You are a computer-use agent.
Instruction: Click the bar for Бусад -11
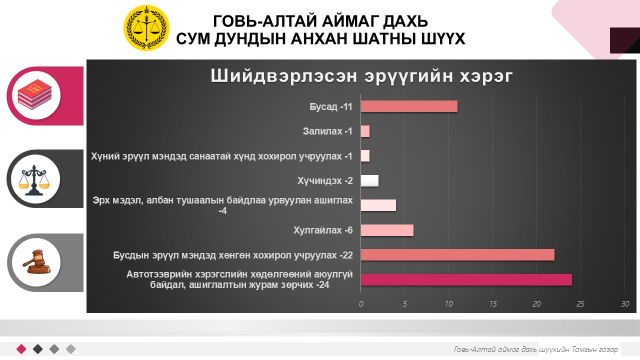[409, 106]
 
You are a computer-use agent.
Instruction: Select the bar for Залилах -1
[365, 131]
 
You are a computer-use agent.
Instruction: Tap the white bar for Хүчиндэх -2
[369, 181]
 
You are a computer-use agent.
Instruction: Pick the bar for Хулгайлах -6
[387, 230]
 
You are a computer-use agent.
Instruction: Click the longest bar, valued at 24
[466, 279]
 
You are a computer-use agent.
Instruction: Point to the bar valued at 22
[457, 255]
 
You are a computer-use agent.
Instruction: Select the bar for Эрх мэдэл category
[378, 205]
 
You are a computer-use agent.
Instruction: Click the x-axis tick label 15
[493, 303]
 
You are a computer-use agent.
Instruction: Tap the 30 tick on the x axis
[625, 303]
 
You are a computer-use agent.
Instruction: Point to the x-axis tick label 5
[405, 303]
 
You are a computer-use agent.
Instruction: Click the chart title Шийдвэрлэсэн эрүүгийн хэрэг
[361, 76]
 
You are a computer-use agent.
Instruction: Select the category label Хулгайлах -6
[323, 230]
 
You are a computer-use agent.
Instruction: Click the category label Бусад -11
[331, 106]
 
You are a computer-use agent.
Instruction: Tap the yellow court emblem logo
[146, 28]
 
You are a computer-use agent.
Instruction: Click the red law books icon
[34, 94]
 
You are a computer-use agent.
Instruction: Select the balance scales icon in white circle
[34, 180]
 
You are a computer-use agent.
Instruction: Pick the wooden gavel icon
[36, 261]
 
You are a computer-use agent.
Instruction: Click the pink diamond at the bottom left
[21, 349]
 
